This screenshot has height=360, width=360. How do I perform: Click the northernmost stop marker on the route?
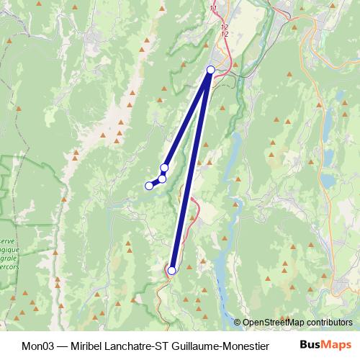211,70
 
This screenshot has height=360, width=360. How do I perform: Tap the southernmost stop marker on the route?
171,271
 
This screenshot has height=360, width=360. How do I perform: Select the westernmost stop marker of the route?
149,186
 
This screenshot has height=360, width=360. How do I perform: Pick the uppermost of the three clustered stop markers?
164,168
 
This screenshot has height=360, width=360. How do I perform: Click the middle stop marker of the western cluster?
162,179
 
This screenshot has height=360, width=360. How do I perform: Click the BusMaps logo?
330,345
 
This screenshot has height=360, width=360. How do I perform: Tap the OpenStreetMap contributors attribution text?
297,322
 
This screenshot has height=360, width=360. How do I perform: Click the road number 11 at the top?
213,8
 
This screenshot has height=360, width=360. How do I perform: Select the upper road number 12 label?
224,27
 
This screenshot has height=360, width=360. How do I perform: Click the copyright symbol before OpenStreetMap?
238,322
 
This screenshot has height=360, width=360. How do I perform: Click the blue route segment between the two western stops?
156,182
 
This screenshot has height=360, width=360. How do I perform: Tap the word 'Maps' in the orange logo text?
339,345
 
